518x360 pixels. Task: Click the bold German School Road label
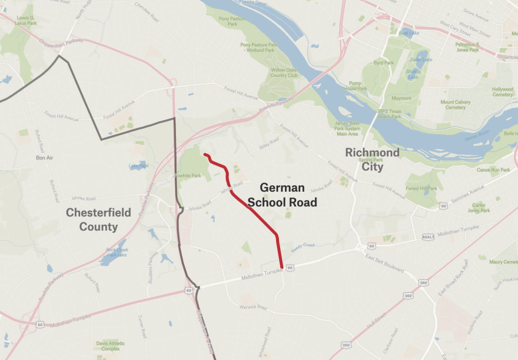282,195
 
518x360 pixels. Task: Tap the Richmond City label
372,159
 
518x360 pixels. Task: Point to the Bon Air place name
44,158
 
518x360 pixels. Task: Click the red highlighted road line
253,212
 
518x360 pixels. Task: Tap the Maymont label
401,98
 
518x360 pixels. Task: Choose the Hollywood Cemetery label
502,92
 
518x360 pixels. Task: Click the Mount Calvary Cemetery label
456,105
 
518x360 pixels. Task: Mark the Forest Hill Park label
421,189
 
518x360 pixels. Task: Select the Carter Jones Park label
479,207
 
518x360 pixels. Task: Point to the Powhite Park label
190,175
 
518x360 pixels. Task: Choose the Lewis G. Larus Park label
25,21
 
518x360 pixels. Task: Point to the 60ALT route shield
428,236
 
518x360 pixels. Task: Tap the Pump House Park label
354,86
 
